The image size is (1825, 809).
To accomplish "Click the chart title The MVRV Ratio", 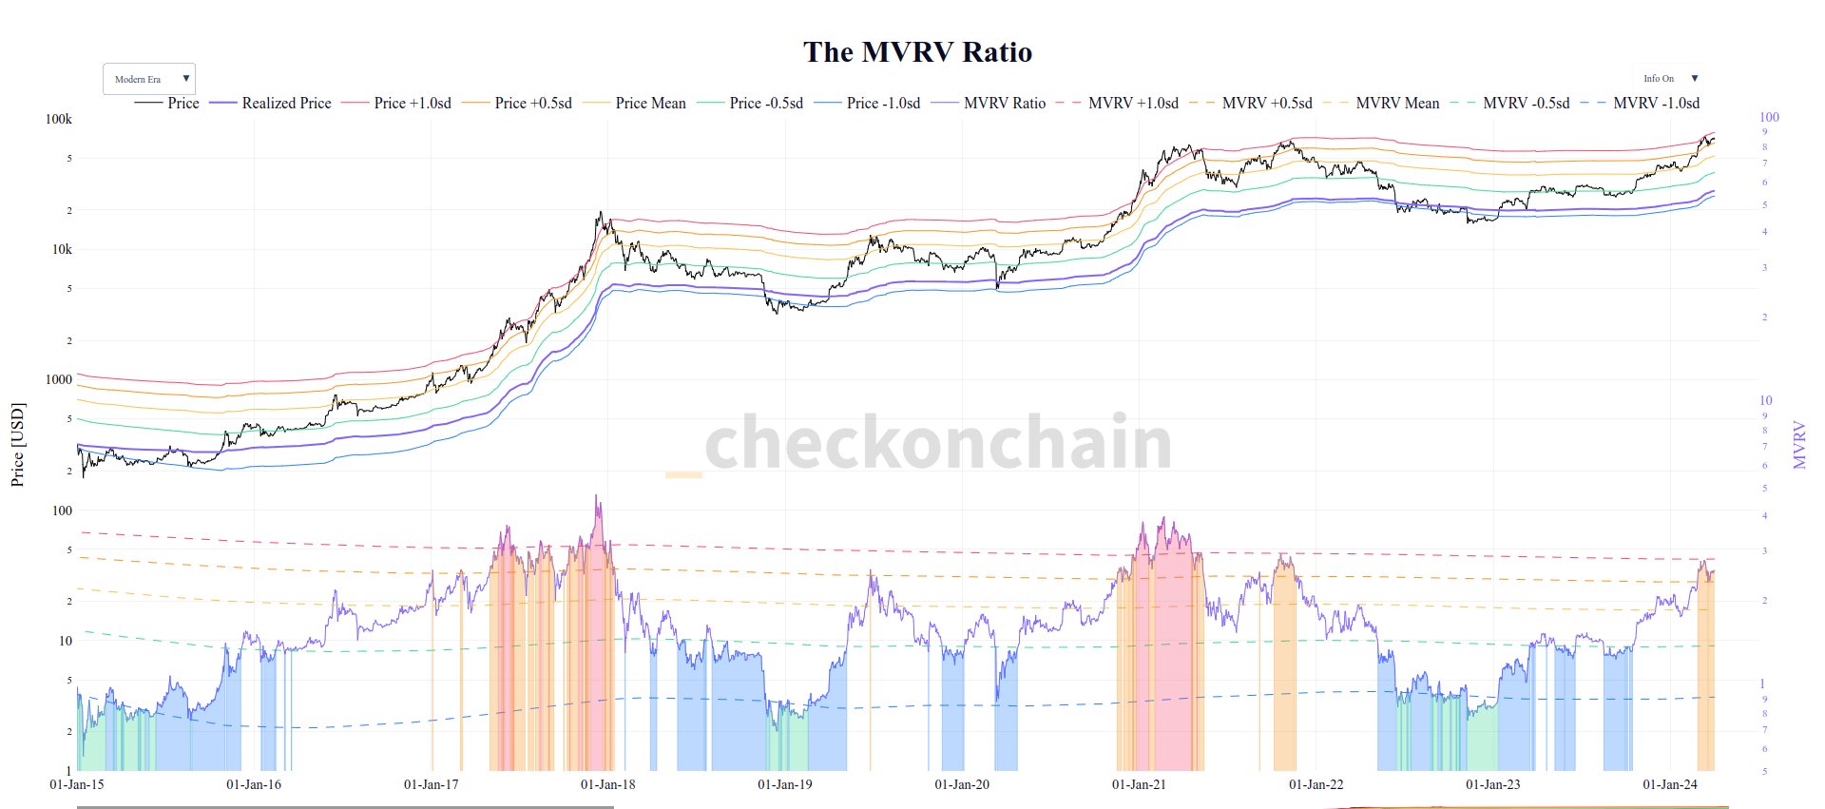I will coord(917,52).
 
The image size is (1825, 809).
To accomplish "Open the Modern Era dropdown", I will coord(148,79).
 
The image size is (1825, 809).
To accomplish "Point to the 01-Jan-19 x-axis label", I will coord(784,784).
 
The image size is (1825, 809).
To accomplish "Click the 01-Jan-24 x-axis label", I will coord(1669,784).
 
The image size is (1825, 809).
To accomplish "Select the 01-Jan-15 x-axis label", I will coord(77,784).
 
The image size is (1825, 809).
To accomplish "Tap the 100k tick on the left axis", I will coord(59,119).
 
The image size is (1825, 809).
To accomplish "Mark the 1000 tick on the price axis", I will coord(59,379).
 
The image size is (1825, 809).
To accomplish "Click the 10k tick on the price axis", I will coord(62,249).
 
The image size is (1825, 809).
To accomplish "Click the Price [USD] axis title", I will coord(17,445).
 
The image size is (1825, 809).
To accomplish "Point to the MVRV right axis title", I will coord(1798,445).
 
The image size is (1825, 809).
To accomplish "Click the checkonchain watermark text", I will coord(938,443).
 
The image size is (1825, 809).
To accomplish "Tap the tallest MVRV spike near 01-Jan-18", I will coord(597,497).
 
